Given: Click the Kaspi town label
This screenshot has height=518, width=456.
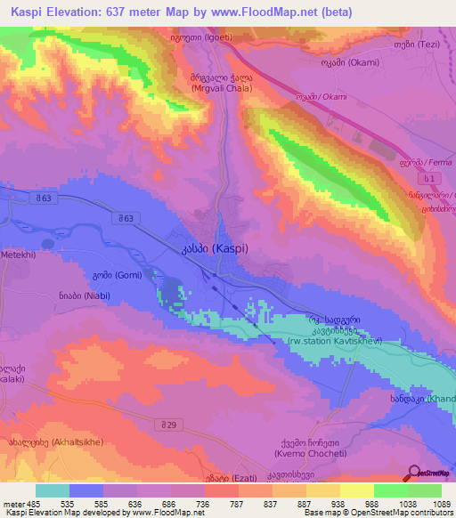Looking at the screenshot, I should tap(218, 251).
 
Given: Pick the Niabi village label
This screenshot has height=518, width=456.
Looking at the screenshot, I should tap(107, 297).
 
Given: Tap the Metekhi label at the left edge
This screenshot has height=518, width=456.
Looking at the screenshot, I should tap(15, 254).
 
